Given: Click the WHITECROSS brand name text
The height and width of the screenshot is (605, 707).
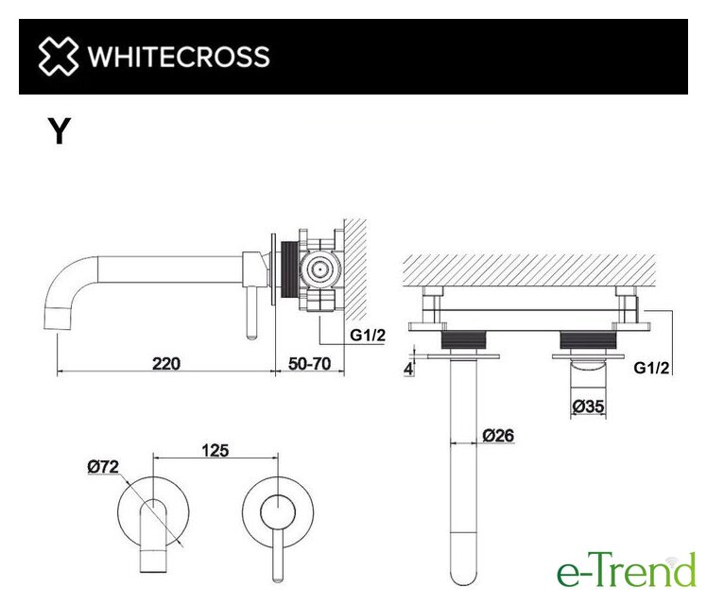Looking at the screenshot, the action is tap(179, 57).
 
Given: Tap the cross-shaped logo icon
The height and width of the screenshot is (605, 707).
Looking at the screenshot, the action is tap(59, 57).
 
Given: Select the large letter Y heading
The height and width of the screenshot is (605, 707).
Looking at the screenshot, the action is tap(60, 130).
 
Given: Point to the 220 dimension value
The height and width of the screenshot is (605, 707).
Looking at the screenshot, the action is tap(166, 363).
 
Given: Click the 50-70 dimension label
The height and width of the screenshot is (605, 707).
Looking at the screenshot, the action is tap(309, 363).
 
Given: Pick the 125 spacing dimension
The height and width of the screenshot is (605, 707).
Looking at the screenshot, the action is tap(216, 450).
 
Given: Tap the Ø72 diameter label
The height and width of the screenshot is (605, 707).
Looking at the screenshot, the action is tap(103, 466).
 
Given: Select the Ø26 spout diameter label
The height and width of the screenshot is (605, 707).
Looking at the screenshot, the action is tap(498, 436).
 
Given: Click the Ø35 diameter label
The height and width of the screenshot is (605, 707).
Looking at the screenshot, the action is tap(588, 406).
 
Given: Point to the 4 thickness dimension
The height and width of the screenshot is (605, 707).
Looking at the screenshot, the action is tap(408, 369).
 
